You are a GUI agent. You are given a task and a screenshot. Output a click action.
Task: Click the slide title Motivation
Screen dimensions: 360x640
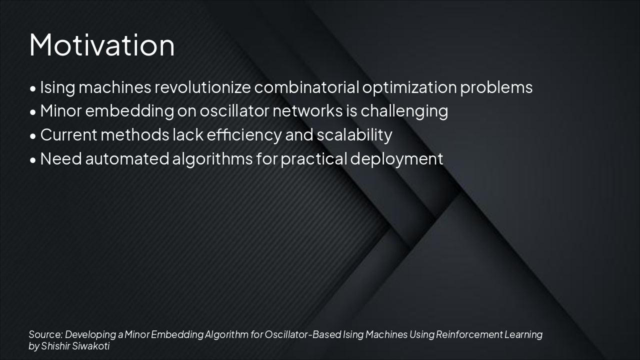coord(102,44)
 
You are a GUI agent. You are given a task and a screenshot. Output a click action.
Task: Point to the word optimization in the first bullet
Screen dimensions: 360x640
coord(409,87)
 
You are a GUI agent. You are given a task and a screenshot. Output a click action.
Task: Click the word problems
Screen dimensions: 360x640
coord(496,87)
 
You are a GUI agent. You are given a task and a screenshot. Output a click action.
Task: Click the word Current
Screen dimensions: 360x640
coord(68,135)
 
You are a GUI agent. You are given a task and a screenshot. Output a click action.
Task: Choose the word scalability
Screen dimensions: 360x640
coord(354,135)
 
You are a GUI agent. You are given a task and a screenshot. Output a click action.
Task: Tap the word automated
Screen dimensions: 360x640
coord(127,159)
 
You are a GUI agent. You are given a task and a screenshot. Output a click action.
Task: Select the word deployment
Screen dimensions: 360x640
coord(396,159)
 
